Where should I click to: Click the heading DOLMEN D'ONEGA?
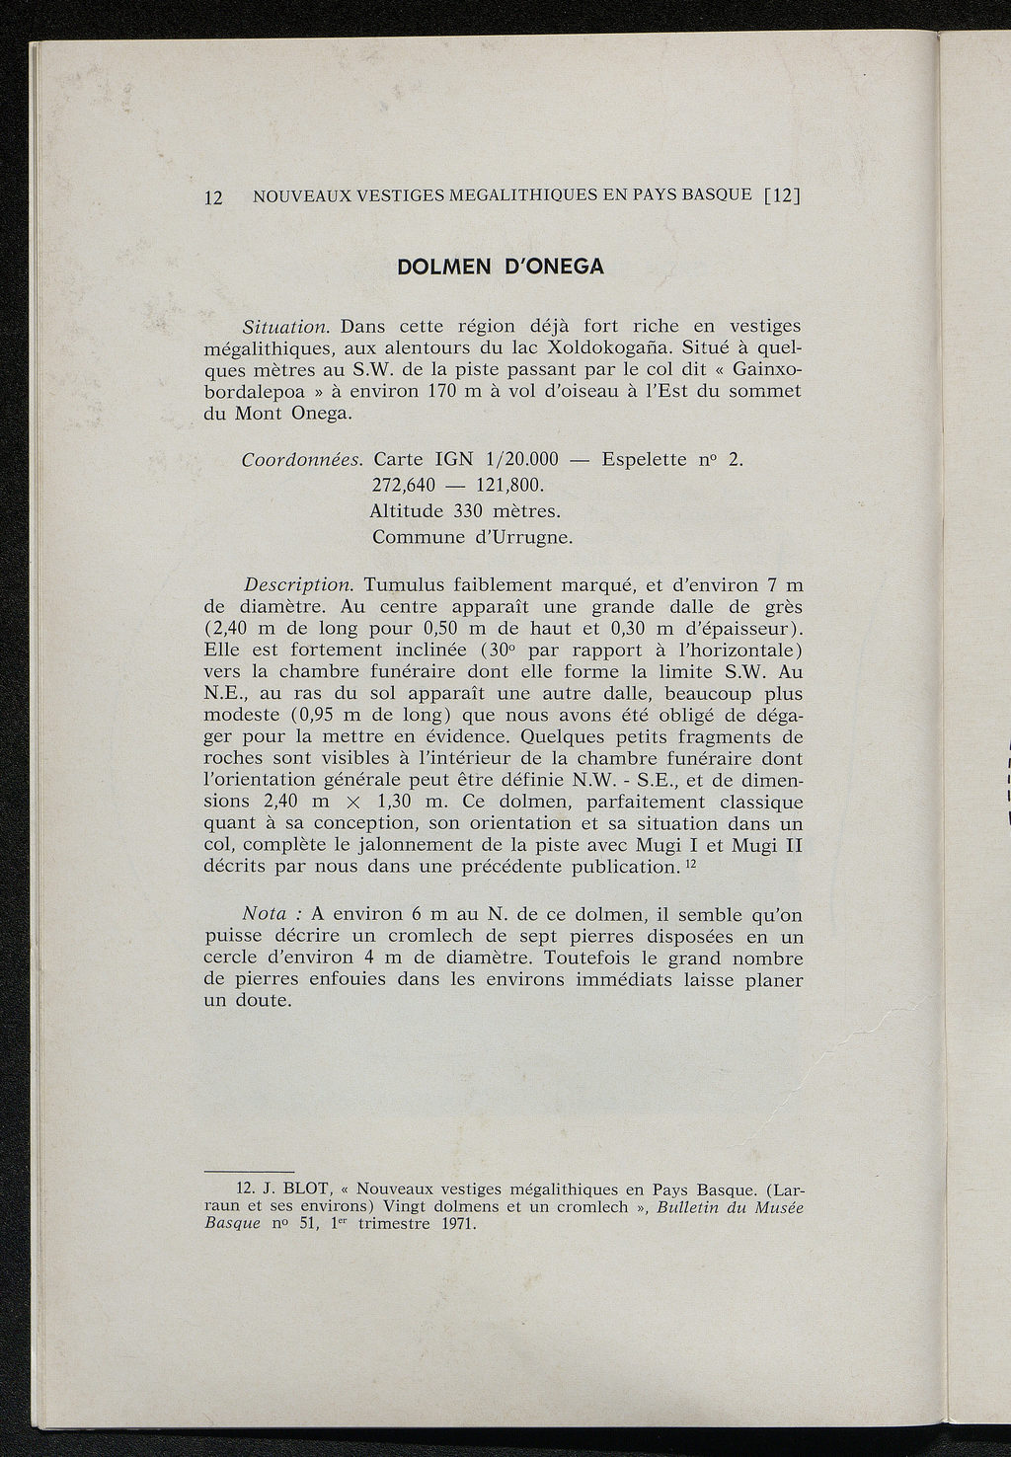click(500, 267)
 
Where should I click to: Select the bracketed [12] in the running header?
click(780, 194)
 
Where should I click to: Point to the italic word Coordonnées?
click(303, 460)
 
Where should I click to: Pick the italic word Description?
click(297, 585)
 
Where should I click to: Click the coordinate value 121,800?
click(509, 487)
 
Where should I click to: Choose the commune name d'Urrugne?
click(523, 538)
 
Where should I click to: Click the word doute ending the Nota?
click(259, 1001)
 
